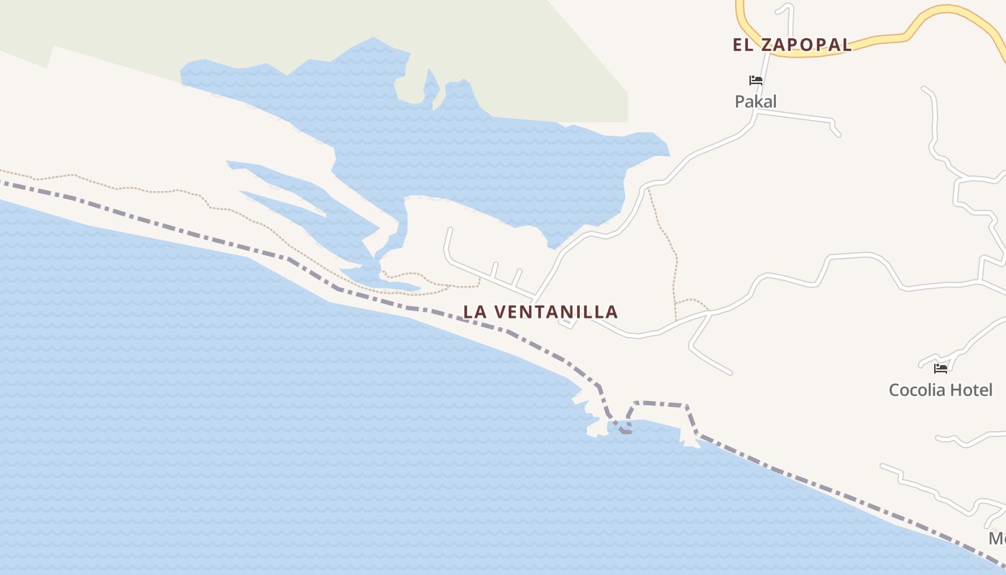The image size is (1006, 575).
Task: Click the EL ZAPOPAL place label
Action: click(x=792, y=45)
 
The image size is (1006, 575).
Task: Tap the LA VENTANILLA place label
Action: click(x=540, y=312)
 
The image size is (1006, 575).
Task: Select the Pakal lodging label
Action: click(x=755, y=102)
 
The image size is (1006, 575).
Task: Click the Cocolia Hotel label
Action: click(x=940, y=390)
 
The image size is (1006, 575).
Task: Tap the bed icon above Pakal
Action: click(x=755, y=80)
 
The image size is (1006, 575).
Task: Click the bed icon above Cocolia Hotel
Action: click(x=940, y=369)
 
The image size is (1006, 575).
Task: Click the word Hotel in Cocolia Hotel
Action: click(x=970, y=390)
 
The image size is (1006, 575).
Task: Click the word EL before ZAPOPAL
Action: click(x=742, y=45)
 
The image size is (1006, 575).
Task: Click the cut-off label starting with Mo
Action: click(x=997, y=538)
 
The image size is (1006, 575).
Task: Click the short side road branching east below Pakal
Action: click(x=798, y=116)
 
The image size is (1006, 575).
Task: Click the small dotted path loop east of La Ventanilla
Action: click(x=691, y=302)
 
